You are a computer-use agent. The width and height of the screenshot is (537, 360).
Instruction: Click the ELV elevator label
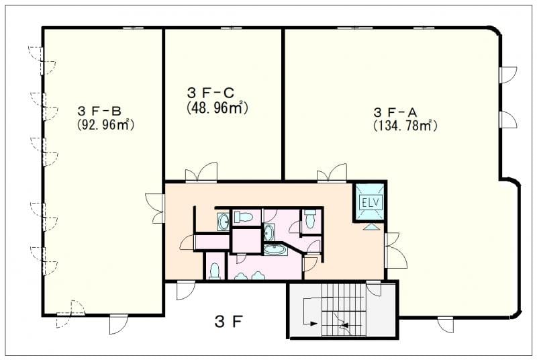coord(371,202)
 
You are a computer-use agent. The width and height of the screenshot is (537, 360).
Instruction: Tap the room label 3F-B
coord(99,111)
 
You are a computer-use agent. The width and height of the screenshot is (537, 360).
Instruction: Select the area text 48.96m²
coord(217,108)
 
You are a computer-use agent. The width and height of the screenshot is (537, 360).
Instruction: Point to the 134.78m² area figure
coord(405,126)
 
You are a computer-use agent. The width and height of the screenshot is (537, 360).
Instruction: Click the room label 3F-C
coord(210,93)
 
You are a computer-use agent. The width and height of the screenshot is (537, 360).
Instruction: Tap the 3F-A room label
coord(395,112)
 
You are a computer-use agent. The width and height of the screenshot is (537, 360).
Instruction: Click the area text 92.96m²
coord(105,124)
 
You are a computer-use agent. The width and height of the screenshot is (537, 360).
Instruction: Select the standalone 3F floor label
coord(229,322)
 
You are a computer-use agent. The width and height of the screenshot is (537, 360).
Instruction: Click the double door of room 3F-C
coord(201,171)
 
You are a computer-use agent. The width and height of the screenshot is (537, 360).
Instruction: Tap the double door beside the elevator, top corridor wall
coord(332,173)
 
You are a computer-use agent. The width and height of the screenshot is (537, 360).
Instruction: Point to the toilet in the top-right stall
coord(310,218)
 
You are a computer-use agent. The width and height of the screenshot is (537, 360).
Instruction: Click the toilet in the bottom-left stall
coord(215,271)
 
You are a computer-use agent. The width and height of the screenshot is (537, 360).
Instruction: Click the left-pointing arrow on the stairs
coord(344,325)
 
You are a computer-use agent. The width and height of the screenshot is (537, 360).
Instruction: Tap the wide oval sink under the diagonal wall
coord(275,249)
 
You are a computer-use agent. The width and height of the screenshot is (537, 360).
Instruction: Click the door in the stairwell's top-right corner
coord(374,288)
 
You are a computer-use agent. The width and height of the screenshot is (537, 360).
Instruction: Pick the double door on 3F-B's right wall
coord(155,208)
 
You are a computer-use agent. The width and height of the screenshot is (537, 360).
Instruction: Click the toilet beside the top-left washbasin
coord(243,217)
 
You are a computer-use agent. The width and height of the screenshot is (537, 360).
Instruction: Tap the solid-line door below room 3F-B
coord(118,324)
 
